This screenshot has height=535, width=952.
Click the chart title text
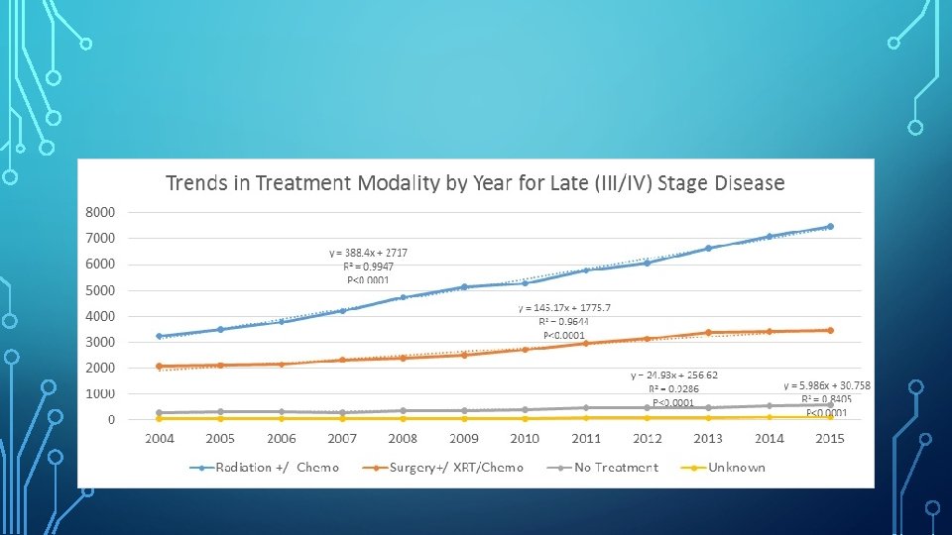tap(475, 183)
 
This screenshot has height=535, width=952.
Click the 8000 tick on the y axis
tap(99, 212)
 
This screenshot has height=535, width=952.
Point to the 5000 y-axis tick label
tap(99, 290)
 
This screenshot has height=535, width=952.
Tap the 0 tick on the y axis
tap(110, 419)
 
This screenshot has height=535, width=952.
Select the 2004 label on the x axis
tap(160, 438)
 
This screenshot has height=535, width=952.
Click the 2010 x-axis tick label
tap(525, 438)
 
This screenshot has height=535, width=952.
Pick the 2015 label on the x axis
tap(829, 438)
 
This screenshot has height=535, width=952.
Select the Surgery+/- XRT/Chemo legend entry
tap(456, 467)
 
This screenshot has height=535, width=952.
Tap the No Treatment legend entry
tap(615, 467)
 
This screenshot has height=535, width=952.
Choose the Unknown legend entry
tap(736, 467)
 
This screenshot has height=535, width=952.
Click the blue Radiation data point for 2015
tap(830, 227)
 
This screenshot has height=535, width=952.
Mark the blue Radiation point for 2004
tap(160, 336)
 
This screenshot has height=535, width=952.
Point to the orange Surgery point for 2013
tap(708, 333)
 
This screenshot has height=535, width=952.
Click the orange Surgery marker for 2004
tap(160, 366)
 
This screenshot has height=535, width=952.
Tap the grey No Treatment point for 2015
tap(830, 404)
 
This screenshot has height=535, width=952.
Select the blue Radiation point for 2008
tap(404, 296)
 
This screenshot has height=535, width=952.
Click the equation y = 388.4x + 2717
tap(368, 253)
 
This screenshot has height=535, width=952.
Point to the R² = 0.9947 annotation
tap(368, 267)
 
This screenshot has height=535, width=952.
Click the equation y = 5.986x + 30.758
tap(827, 384)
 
